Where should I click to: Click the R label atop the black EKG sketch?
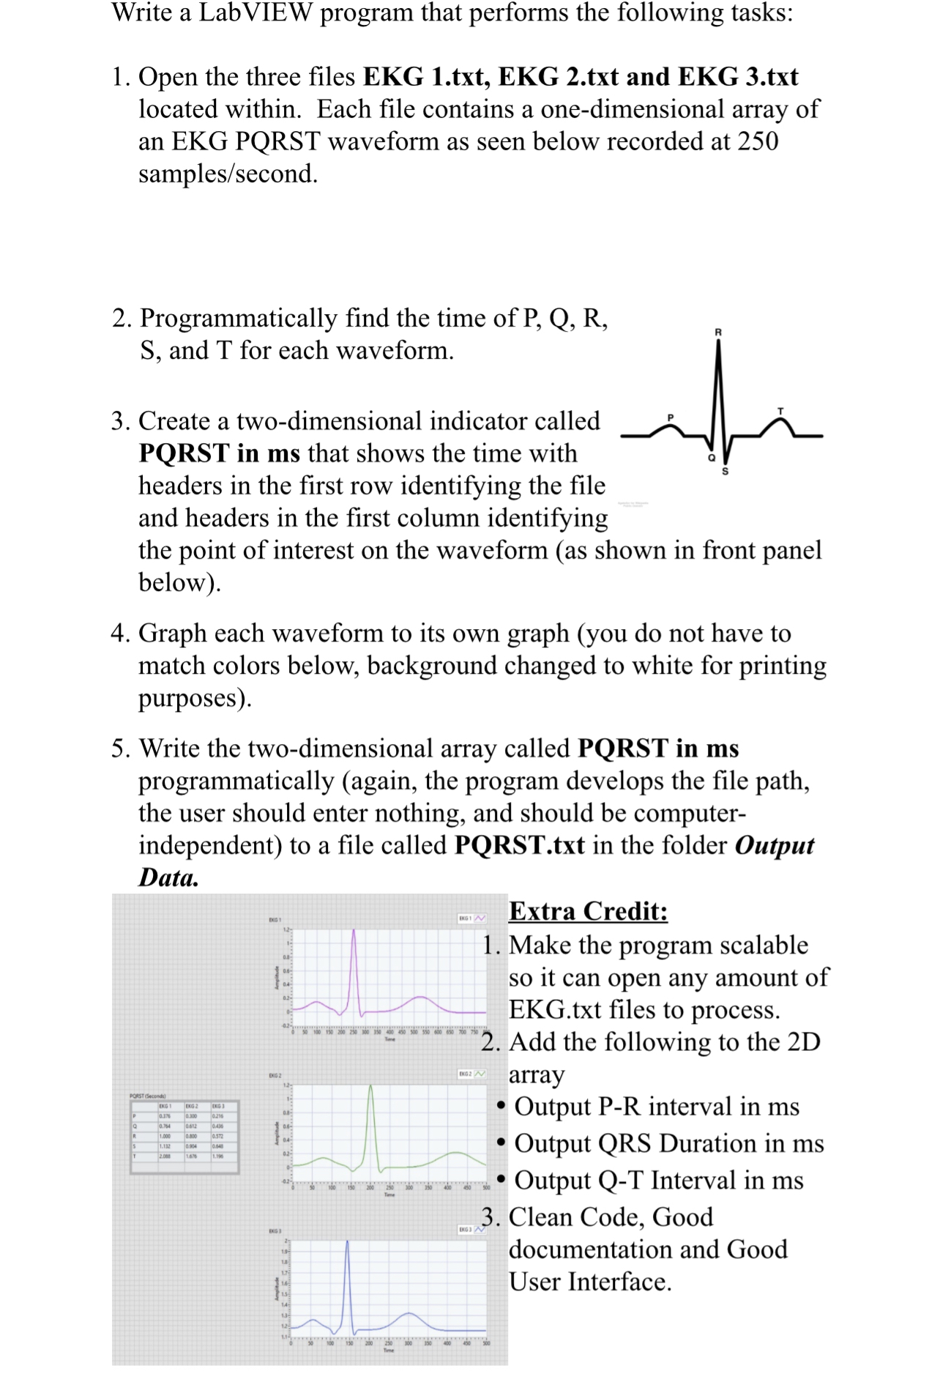click(x=717, y=333)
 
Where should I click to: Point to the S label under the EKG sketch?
click(x=725, y=471)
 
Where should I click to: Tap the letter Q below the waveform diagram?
click(x=710, y=458)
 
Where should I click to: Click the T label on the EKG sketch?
click(x=780, y=411)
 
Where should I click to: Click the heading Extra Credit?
click(x=588, y=911)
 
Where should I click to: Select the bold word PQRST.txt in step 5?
click(x=519, y=845)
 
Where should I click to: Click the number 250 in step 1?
click(x=758, y=141)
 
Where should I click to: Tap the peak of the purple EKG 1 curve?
click(x=354, y=932)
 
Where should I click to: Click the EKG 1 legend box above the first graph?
click(x=471, y=918)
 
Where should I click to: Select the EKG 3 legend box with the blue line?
click(x=471, y=1229)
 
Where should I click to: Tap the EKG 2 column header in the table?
click(x=193, y=1106)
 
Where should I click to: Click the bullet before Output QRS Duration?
click(x=501, y=1143)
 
